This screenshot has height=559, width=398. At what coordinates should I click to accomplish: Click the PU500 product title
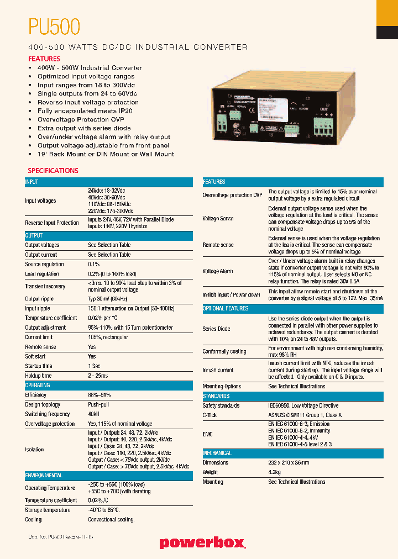tap(54, 27)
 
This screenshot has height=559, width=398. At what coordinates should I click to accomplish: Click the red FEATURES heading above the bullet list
tap(44, 59)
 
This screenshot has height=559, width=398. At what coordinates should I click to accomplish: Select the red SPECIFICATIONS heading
tap(53, 171)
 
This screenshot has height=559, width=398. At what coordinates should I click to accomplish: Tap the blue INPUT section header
tap(32, 182)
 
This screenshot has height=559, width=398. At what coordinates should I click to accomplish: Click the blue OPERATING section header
tap(38, 385)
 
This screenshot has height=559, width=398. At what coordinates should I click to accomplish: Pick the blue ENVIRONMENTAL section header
tap(44, 475)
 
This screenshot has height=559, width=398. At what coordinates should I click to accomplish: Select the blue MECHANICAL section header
tap(217, 453)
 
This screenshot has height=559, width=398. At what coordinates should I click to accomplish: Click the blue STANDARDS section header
tap(216, 396)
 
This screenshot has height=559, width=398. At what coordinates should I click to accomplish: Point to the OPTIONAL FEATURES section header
tap(226, 308)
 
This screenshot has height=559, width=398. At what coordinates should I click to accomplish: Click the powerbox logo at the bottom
tap(202, 543)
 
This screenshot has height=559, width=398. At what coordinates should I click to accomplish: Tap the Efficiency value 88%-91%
tap(99, 395)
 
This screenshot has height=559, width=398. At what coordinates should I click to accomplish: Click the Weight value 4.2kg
tap(275, 472)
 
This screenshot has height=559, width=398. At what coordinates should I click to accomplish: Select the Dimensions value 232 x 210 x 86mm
tap(289, 463)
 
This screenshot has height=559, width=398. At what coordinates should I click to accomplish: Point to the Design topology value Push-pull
tap(98, 405)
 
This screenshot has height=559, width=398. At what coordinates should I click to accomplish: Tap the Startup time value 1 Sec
tap(95, 366)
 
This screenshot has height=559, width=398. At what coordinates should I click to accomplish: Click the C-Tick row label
tap(210, 415)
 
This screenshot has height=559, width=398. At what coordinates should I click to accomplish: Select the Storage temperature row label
tap(48, 510)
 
